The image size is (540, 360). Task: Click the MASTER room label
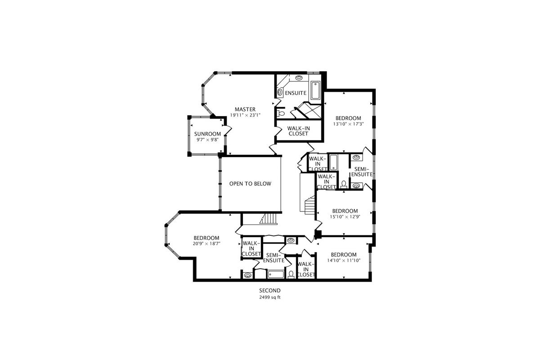coord(245,109)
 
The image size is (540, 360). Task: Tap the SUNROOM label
coord(207,134)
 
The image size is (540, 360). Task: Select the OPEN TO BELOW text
coord(250,184)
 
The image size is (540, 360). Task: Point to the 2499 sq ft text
coord(270,297)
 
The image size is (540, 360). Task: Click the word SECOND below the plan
coord(270,291)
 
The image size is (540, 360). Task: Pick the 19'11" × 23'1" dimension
coord(245,115)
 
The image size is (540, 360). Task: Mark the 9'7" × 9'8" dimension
coord(207,140)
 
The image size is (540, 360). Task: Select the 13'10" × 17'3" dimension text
coord(348,124)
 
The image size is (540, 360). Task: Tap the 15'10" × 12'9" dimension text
coord(345,217)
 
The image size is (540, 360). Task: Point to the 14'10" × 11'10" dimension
coord(344,260)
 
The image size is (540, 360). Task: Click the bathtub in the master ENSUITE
coord(315,90)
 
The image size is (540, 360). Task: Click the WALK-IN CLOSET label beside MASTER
coord(298,131)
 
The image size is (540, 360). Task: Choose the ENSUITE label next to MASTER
coord(296,93)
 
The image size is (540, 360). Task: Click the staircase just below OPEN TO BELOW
coord(269,219)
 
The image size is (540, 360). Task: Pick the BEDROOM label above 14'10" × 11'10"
coord(344,255)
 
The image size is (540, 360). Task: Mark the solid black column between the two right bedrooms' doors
coord(319,234)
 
